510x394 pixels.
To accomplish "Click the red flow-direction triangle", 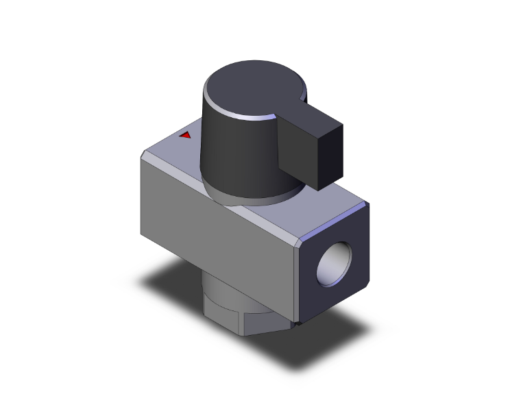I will tap(185, 135).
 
